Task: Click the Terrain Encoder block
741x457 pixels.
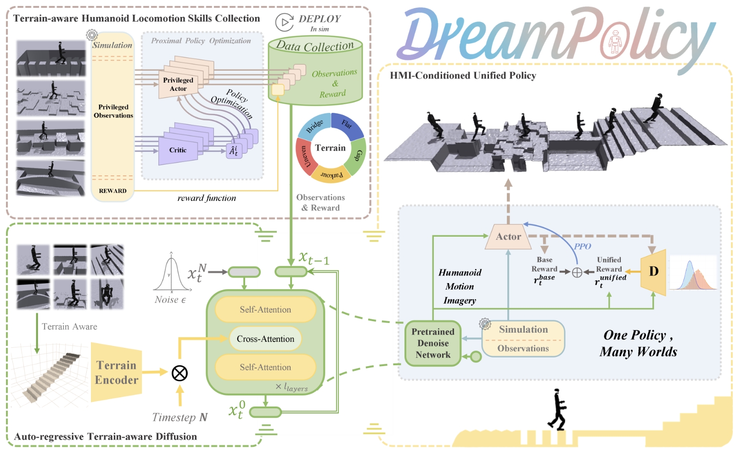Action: tap(116, 373)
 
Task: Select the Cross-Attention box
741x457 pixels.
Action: tap(265, 339)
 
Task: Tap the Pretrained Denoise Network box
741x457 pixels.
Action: tap(432, 343)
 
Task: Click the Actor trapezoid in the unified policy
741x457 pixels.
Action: tap(508, 237)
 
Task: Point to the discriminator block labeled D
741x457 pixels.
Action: tap(654, 272)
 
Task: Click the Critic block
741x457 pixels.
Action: tap(178, 150)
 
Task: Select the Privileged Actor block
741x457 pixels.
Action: tap(178, 84)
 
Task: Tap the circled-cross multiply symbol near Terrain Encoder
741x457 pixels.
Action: tap(180, 373)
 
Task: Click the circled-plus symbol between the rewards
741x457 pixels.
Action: tap(577, 273)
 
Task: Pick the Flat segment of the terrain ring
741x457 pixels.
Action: tap(347, 124)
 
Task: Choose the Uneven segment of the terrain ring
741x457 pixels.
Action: tap(305, 156)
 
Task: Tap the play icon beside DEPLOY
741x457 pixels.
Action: tap(285, 22)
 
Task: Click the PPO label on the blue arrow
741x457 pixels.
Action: tap(582, 246)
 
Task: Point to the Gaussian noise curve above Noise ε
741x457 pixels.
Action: tap(172, 273)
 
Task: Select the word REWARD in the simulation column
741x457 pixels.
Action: tap(112, 191)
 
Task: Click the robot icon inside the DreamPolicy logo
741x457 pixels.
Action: tap(615, 42)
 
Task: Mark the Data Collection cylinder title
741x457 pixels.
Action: tap(315, 46)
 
